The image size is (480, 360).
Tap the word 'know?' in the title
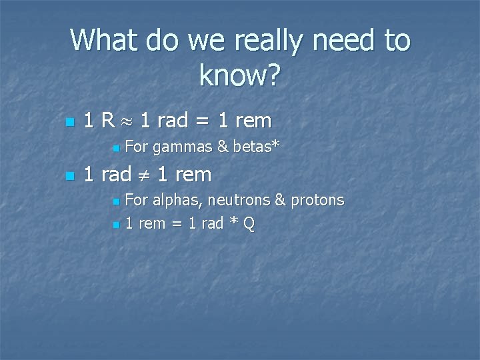(x=240, y=77)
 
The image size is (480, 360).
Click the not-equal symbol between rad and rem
(x=145, y=175)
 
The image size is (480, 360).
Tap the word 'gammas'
(x=182, y=146)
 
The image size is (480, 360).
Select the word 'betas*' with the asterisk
(x=255, y=145)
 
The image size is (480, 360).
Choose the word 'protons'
(x=318, y=200)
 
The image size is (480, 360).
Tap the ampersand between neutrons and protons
(x=281, y=200)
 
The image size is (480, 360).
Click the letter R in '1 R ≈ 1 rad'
(x=107, y=121)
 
